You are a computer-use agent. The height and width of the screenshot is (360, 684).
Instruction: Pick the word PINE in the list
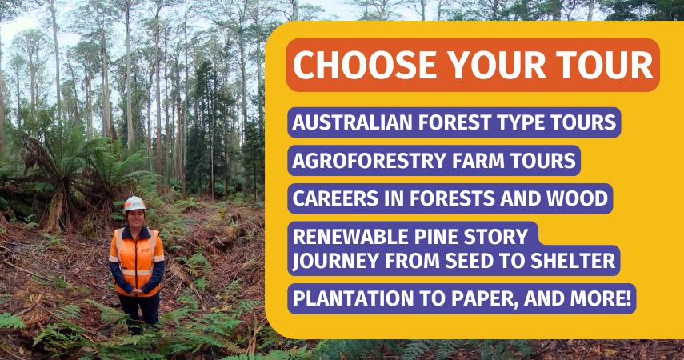437,237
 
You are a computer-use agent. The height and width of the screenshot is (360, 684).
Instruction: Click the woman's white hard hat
134,203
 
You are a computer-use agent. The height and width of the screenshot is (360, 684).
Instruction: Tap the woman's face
134,218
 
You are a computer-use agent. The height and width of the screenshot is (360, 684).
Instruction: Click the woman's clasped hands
137,291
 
